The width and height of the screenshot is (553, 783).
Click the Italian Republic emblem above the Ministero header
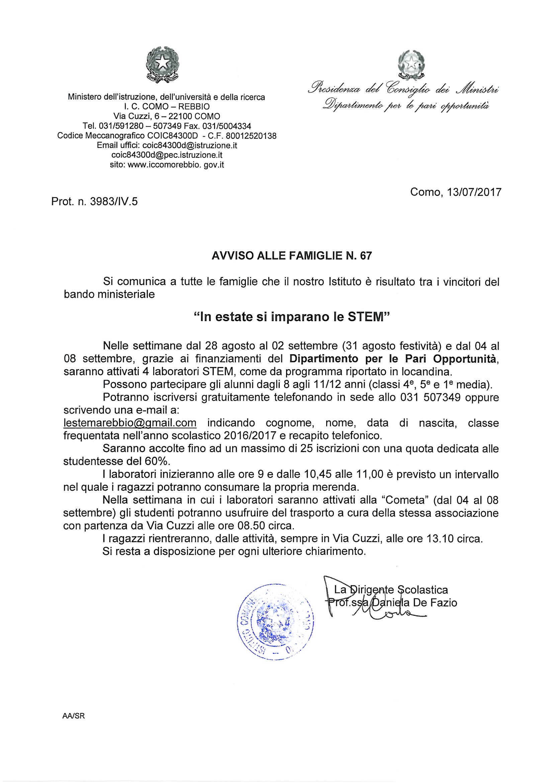[163, 65]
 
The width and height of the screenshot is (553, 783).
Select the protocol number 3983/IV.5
[114, 202]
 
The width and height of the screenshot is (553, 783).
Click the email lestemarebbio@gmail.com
[130, 423]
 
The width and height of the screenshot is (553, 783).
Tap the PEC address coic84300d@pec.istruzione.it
[167, 155]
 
